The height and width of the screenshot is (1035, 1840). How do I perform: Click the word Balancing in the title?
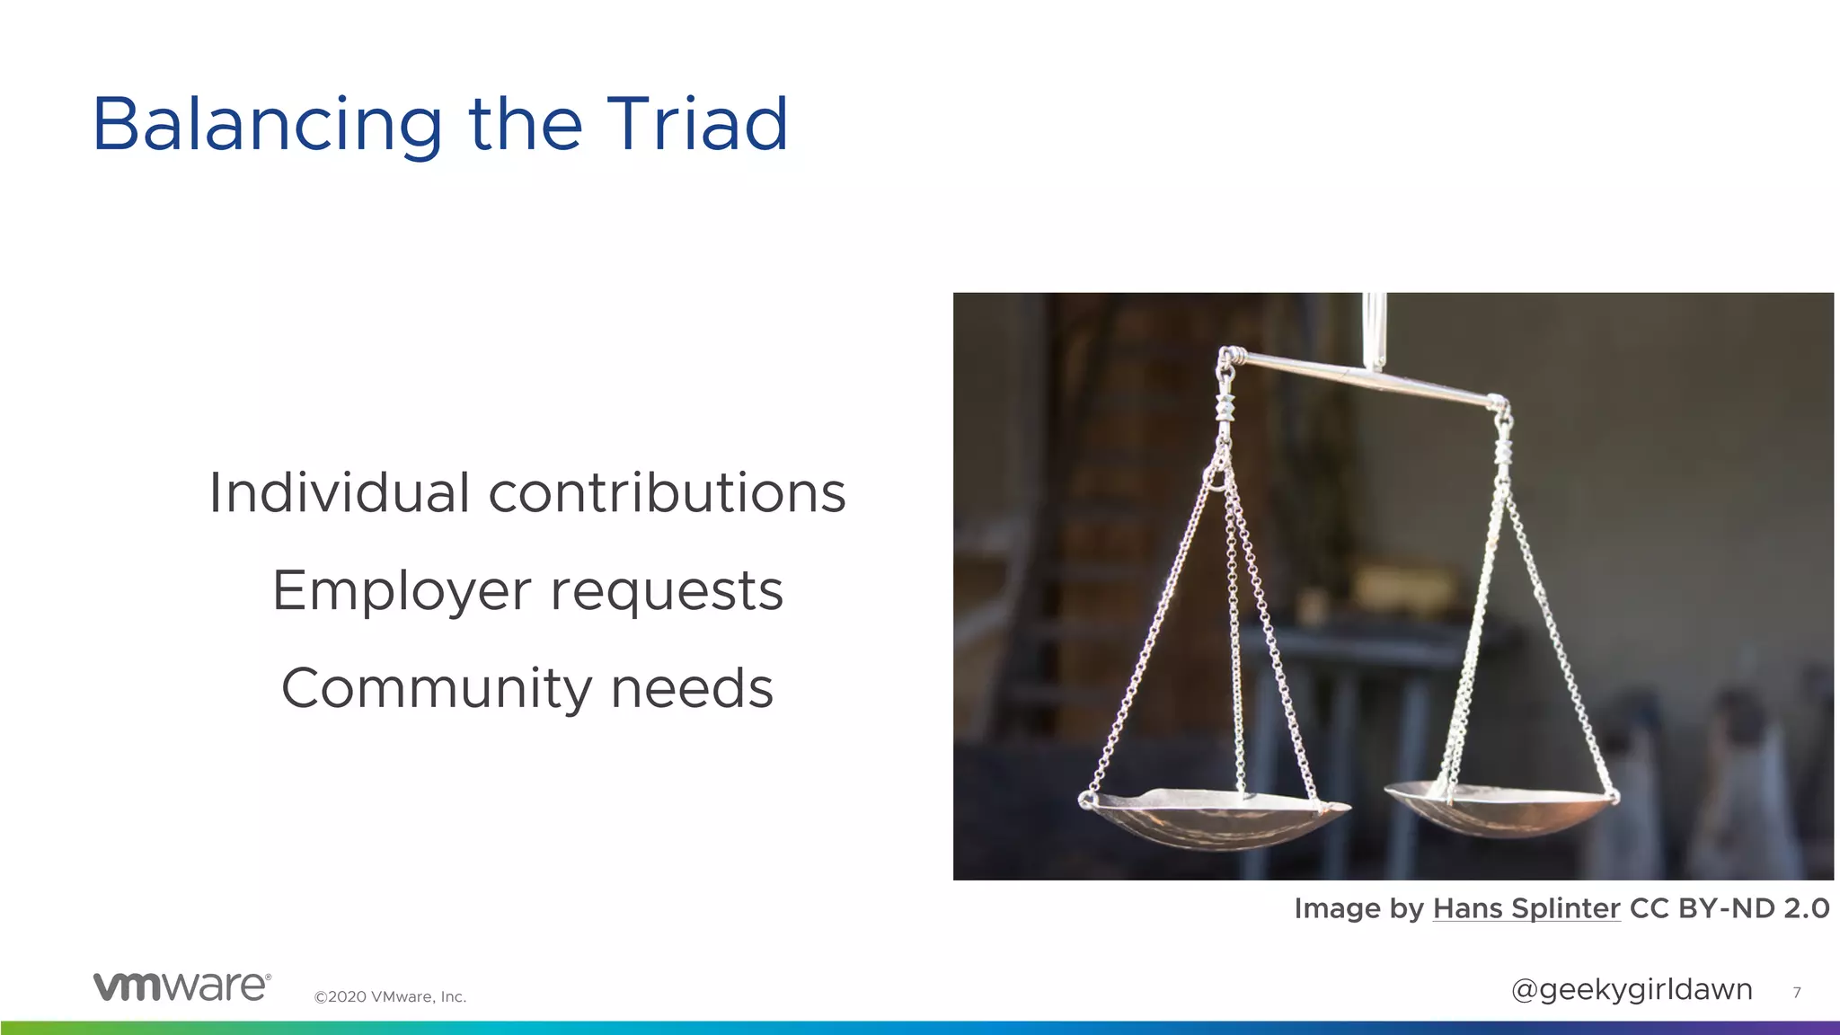(267, 125)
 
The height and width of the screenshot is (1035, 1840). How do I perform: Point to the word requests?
(667, 591)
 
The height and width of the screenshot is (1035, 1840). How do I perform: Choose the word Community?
(437, 689)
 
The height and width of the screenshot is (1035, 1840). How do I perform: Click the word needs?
(692, 688)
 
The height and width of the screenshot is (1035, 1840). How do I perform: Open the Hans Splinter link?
(1526, 908)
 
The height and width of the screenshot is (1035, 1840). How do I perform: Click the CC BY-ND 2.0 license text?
(1729, 908)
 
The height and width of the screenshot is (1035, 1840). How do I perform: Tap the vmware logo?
(181, 986)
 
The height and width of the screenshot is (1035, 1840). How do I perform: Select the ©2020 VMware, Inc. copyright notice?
(390, 996)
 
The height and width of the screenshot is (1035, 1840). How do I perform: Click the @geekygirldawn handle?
(1632, 989)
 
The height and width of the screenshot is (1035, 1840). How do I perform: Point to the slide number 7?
(1796, 992)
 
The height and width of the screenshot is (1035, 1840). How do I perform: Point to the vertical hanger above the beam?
(1375, 329)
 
